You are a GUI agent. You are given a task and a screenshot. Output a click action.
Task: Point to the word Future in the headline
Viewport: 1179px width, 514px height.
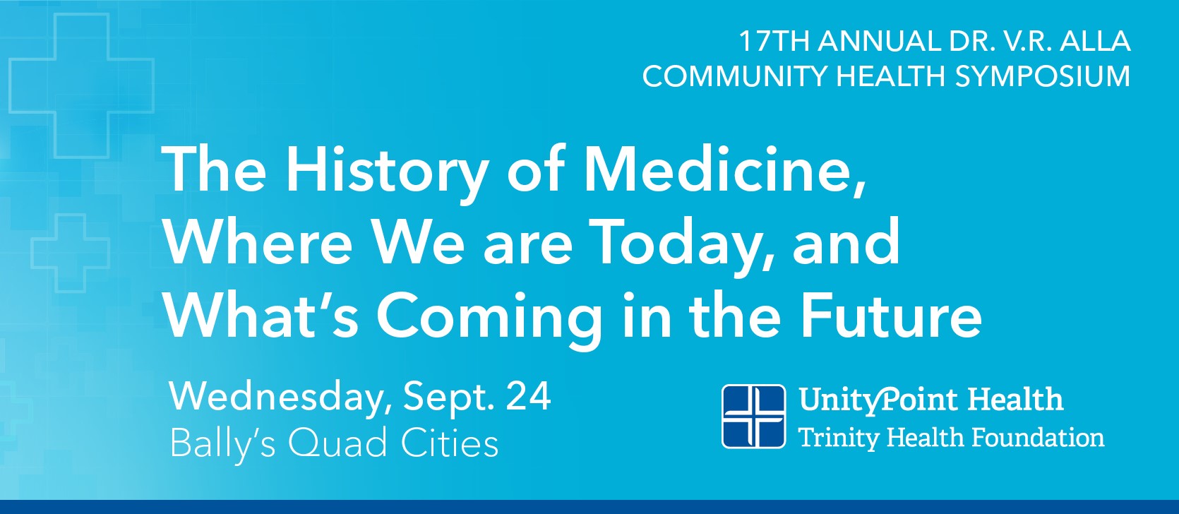tap(890, 314)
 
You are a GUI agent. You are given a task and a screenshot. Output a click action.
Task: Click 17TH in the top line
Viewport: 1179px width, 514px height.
tap(774, 41)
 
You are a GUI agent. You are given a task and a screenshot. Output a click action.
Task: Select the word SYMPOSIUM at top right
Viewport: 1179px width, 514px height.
tap(1042, 76)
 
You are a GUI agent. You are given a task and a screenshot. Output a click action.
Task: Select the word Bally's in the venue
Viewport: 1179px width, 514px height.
tap(222, 443)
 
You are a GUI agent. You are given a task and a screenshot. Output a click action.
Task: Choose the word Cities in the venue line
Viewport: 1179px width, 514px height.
tap(450, 443)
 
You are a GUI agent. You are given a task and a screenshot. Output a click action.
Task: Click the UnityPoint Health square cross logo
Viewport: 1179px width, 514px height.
tap(753, 417)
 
